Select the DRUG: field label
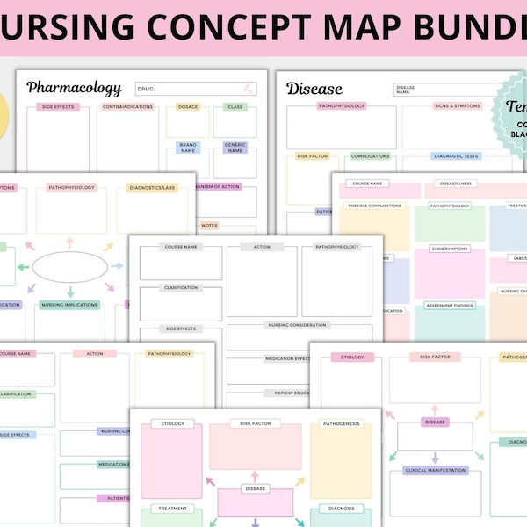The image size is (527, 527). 147,89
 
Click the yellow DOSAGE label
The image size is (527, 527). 187,107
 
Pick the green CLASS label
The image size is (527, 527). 235,107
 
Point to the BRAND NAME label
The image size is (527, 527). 187,147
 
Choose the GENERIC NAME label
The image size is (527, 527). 235,147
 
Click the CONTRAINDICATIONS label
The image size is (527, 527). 127,107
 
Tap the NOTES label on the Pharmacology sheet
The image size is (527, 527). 209,226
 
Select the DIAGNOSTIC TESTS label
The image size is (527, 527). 456,156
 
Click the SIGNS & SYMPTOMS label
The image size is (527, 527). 456,107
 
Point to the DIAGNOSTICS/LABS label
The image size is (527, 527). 153,188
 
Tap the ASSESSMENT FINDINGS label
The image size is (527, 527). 451,306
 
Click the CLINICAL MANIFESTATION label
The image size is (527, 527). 435,470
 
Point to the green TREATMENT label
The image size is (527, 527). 172,509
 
